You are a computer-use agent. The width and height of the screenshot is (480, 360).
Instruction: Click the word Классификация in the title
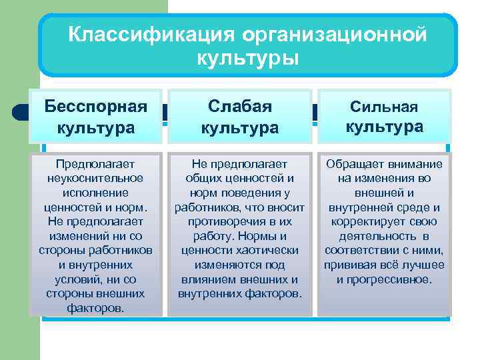(x=150, y=34)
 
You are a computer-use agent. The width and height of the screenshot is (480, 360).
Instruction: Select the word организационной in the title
(x=333, y=34)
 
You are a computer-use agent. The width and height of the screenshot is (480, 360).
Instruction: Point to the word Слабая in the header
(x=240, y=106)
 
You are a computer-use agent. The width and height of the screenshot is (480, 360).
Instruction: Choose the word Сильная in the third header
(x=384, y=107)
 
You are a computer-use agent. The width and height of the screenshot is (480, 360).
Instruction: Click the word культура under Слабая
(x=240, y=127)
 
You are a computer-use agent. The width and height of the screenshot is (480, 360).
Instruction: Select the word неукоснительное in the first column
(x=95, y=179)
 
